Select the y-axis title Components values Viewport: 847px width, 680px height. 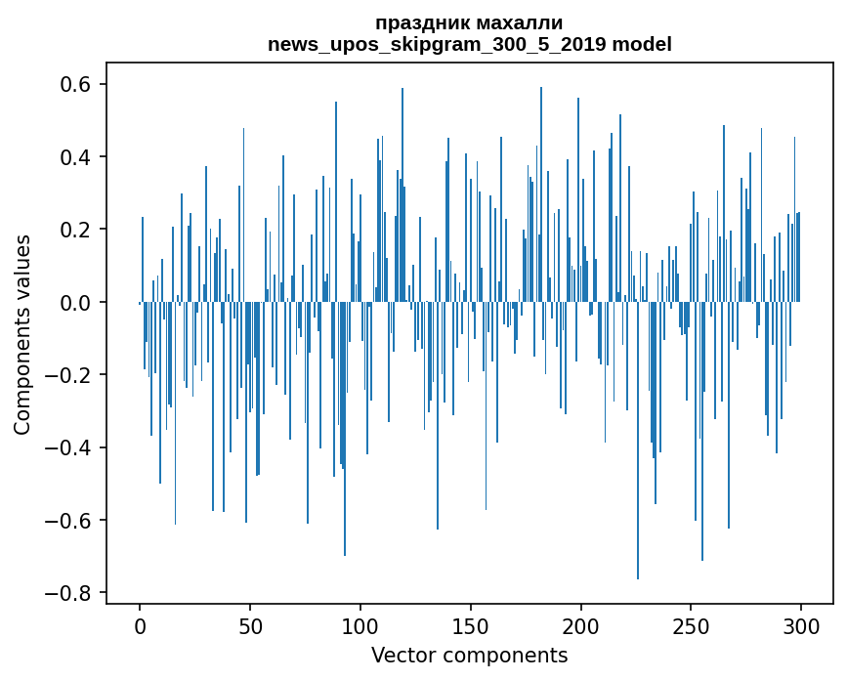(x=22, y=334)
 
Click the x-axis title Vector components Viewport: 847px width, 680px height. (x=469, y=655)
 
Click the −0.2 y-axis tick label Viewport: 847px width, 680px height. (x=69, y=375)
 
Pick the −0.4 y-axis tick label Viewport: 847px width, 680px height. (x=69, y=447)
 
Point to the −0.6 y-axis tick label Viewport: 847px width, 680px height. (x=69, y=520)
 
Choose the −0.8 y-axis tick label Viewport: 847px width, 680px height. (x=69, y=593)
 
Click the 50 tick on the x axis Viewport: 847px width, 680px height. (x=250, y=625)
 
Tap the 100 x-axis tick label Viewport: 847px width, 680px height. (x=360, y=625)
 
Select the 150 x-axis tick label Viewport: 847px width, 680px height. (x=471, y=625)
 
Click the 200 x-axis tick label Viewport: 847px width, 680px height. (x=581, y=625)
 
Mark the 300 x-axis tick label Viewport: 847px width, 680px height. (x=801, y=625)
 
